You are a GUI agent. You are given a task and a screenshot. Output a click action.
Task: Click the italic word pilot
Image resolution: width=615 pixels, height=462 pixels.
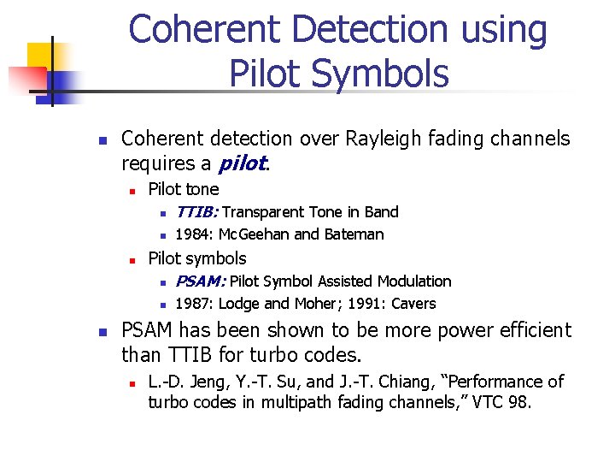click(x=243, y=163)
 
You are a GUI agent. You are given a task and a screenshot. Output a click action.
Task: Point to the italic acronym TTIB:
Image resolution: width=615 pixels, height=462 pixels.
click(x=197, y=212)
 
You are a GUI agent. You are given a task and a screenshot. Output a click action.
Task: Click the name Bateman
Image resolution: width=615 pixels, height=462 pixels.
click(x=354, y=234)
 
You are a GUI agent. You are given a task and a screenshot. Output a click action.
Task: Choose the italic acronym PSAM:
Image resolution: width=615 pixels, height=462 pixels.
click(x=201, y=281)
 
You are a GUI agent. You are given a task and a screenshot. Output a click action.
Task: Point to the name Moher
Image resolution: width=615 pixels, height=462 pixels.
click(x=304, y=304)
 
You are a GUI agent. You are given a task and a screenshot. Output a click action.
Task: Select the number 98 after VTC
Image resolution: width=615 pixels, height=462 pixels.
click(x=518, y=402)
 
